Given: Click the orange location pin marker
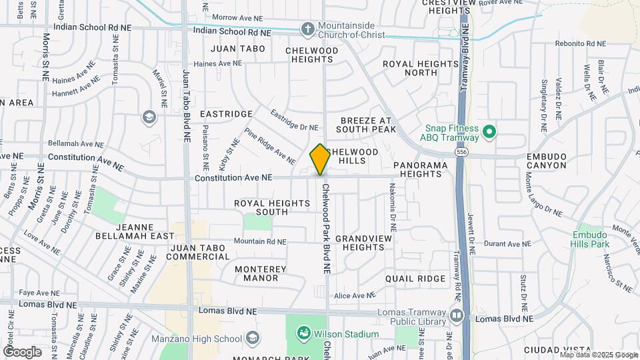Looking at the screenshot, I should (320, 159).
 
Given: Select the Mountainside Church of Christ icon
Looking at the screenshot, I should (307, 29).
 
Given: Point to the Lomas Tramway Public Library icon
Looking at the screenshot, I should (457, 315).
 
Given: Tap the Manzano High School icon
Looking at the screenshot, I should (252, 338).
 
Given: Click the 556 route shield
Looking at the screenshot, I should (461, 153).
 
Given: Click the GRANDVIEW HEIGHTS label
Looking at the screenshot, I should (359, 243).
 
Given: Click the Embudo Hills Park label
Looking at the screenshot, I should (591, 239).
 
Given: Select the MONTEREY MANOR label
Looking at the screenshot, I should (261, 273).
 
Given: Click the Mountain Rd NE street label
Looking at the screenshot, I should (259, 241).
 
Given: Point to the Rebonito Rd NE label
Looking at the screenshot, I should (581, 44).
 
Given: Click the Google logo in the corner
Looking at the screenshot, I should (22, 351).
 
